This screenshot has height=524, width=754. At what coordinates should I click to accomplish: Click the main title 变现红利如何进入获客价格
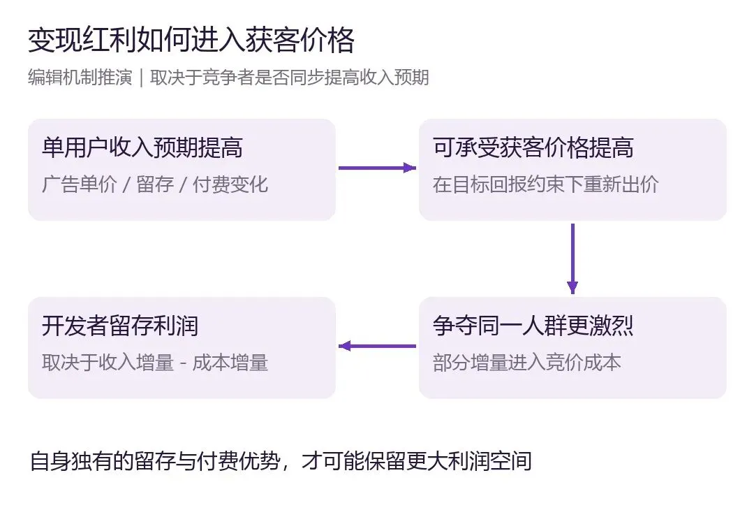click(x=191, y=40)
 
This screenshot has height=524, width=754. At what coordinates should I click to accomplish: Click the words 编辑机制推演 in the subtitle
click(x=80, y=78)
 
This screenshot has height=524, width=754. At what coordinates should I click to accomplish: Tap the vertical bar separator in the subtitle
click(x=141, y=78)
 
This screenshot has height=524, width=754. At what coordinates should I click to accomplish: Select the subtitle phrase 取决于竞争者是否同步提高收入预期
click(x=290, y=78)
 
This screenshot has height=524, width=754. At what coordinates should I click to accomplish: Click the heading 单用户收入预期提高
click(x=142, y=147)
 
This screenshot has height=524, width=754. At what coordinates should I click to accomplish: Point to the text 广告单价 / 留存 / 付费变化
click(x=155, y=184)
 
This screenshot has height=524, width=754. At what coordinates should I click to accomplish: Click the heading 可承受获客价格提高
click(x=533, y=147)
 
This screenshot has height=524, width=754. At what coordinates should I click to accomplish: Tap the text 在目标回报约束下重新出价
click(x=545, y=184)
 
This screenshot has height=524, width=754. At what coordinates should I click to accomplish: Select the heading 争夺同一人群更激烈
click(x=533, y=326)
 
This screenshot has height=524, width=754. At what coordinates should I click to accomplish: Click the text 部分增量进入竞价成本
click(x=526, y=363)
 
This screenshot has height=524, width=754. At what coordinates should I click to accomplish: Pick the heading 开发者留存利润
click(x=120, y=326)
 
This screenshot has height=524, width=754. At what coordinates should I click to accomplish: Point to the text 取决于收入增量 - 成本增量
click(x=155, y=363)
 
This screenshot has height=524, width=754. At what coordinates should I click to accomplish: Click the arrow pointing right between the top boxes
click(x=377, y=168)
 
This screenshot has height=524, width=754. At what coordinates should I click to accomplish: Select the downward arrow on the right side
click(x=572, y=259)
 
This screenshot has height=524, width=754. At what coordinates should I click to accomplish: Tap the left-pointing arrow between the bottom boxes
click(x=377, y=346)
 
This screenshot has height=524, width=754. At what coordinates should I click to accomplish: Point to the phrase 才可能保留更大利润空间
click(x=416, y=461)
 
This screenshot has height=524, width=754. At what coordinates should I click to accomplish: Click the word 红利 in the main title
click(x=110, y=40)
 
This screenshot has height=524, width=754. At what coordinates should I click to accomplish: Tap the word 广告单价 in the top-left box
click(x=80, y=184)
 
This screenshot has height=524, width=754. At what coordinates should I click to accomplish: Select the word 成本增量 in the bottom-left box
click(x=230, y=363)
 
